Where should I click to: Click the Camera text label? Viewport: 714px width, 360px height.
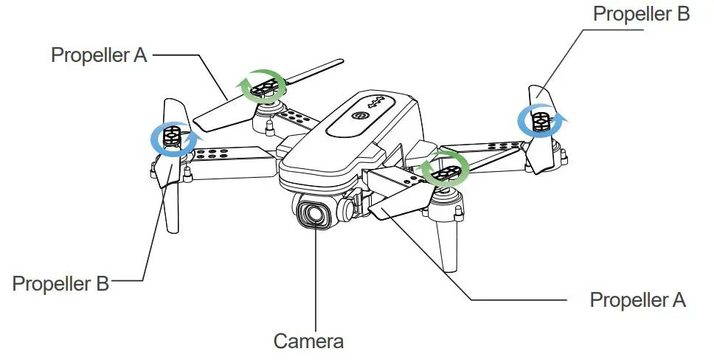pos(308,342)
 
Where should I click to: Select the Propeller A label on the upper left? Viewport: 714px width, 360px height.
pos(99,55)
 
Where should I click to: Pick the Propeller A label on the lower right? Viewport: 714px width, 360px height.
pos(637,300)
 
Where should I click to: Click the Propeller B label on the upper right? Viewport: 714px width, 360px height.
pos(641,14)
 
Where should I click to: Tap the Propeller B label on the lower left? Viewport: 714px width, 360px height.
pos(61,283)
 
